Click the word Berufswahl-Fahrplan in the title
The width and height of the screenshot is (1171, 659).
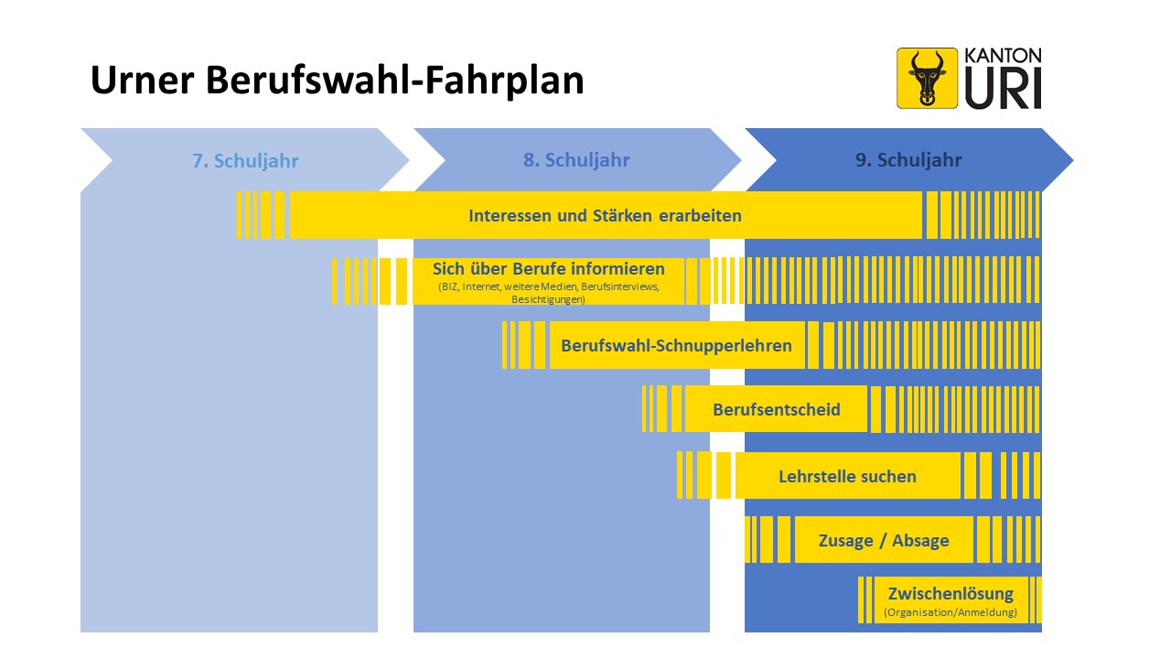coord(395,81)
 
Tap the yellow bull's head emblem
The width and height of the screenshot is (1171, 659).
coord(927,78)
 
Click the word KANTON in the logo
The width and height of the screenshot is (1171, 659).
coord(1003,56)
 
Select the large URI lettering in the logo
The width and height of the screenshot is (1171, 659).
coord(1003,89)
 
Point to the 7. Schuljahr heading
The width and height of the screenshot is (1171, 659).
coord(245,160)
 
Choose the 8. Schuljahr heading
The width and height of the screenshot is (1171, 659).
coord(576,160)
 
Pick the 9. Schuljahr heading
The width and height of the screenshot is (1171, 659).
coord(908,160)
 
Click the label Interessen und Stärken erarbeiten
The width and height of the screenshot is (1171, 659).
coord(605,215)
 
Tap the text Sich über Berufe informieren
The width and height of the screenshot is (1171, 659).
coord(548,269)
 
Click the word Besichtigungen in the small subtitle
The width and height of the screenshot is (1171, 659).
coord(548,299)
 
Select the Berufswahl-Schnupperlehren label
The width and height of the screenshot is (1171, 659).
coord(676,346)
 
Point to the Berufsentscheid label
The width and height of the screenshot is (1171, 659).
coord(777,409)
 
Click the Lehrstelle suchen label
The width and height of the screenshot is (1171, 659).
coord(847,477)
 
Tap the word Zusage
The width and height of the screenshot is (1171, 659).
coord(846,541)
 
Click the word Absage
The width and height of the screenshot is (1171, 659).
coord(920,541)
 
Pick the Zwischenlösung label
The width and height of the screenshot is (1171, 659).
coord(951,594)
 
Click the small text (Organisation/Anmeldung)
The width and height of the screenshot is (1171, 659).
coord(951,612)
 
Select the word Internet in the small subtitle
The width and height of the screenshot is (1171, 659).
coord(481,286)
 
